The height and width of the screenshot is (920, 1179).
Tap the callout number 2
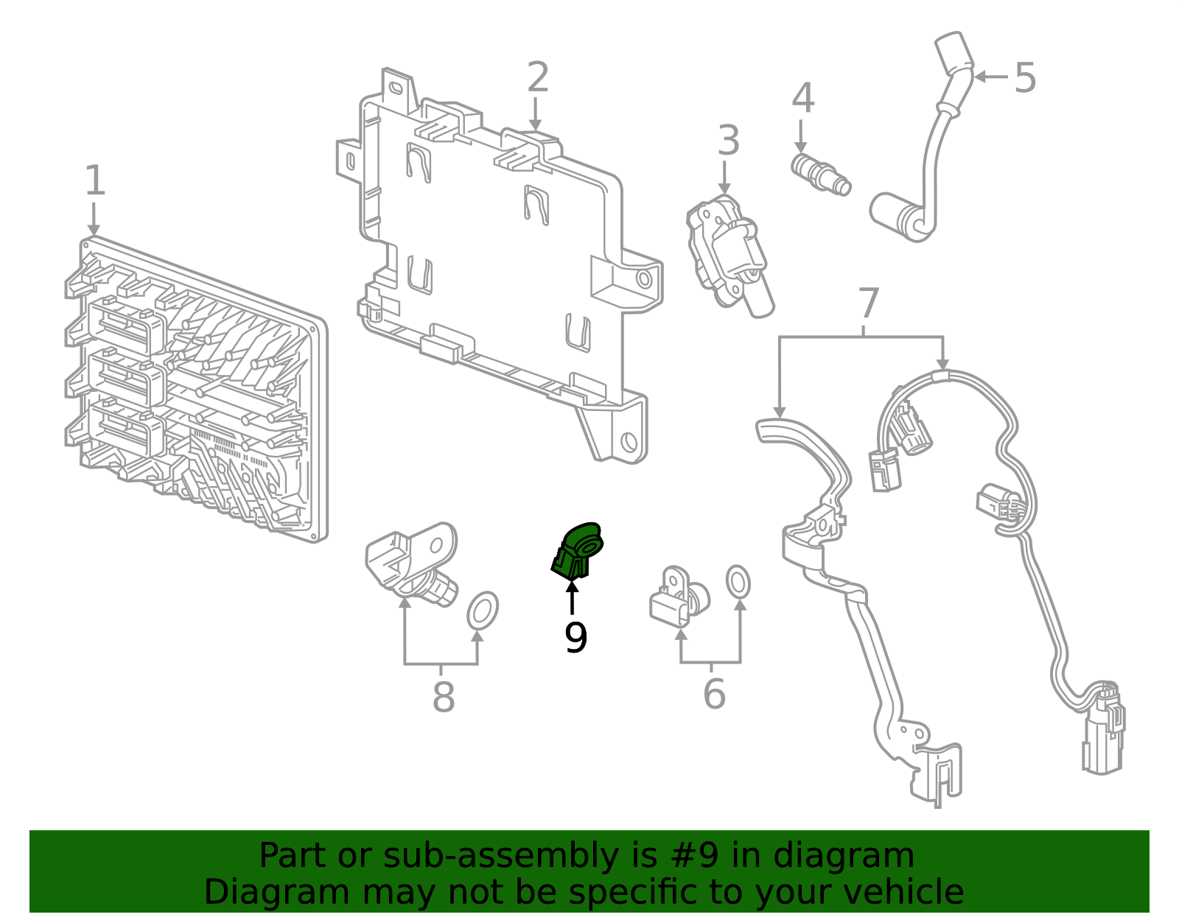click(x=538, y=77)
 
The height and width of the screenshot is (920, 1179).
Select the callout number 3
click(x=727, y=141)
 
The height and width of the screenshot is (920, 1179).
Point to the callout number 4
click(x=802, y=99)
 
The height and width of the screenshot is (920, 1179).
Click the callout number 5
click(x=1025, y=77)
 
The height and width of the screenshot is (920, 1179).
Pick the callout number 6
click(x=714, y=694)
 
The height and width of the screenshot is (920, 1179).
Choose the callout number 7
click(x=869, y=303)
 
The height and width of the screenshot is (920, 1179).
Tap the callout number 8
click(x=443, y=696)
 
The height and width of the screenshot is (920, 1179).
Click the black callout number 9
click(x=575, y=637)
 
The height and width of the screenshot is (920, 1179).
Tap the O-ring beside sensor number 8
click(x=483, y=611)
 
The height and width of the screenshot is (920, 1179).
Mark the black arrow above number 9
click(x=572, y=597)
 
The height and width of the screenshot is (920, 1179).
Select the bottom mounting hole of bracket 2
click(x=629, y=442)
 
